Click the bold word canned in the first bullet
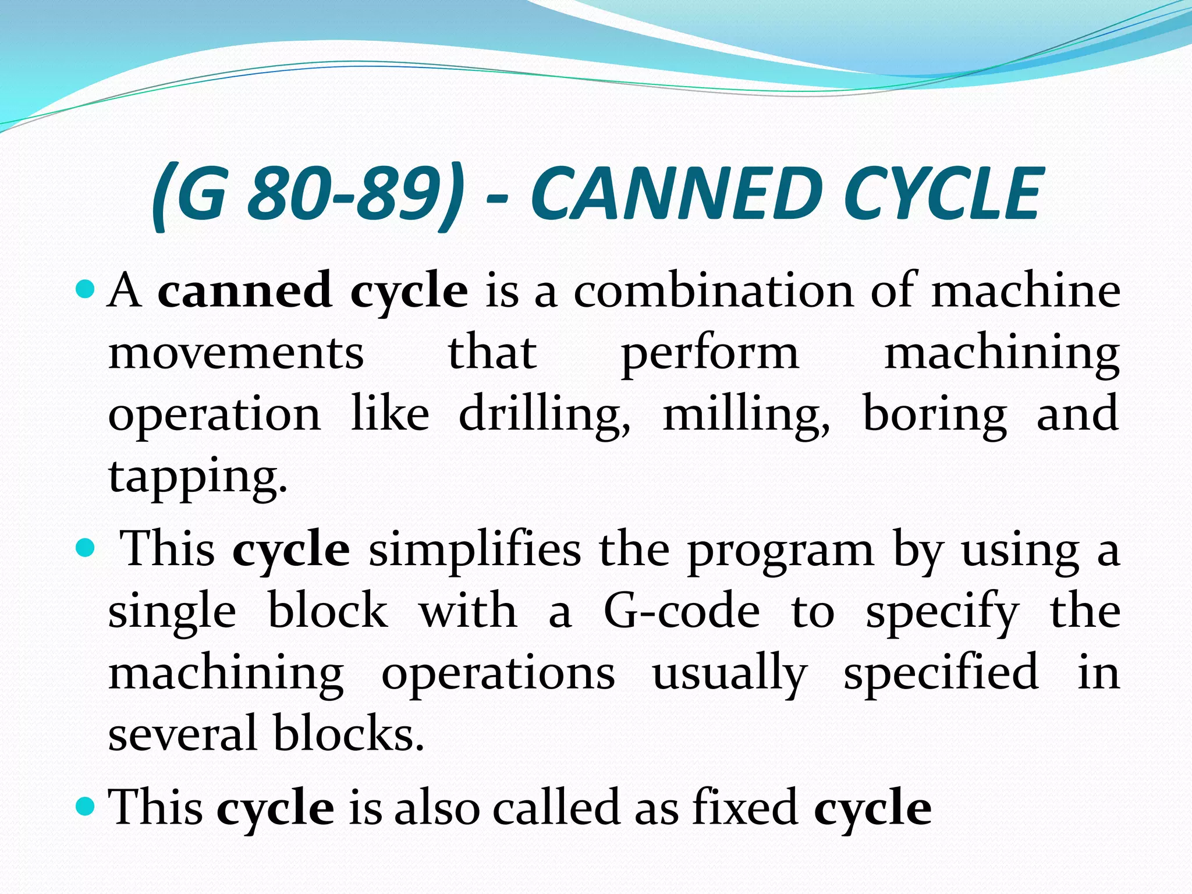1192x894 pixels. [244, 290]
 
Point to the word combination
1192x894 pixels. [712, 290]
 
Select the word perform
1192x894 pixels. [710, 355]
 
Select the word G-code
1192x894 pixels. [682, 611]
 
